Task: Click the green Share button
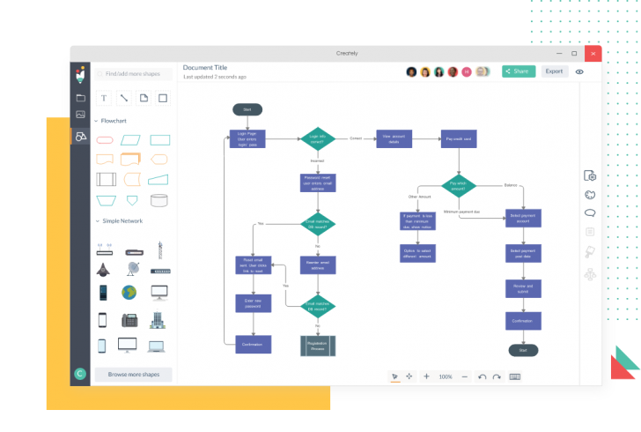coord(519,71)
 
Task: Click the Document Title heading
coord(204,67)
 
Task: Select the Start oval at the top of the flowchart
coord(247,109)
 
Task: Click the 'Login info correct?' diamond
coord(317,138)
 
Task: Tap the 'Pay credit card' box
coord(458,138)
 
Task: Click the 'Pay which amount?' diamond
coord(458,186)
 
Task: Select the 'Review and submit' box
coord(523,288)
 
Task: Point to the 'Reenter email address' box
coord(317,264)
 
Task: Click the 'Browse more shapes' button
coord(134,374)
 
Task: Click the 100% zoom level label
coord(446,376)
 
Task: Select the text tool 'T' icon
coord(104,98)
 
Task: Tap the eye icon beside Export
coord(579,71)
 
